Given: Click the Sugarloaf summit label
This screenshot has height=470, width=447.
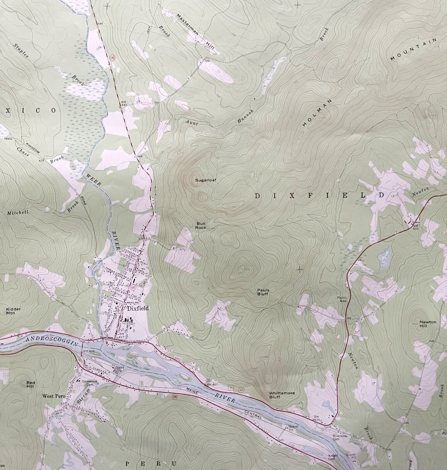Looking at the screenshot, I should (x=206, y=180).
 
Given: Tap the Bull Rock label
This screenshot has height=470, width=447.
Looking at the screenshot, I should (x=201, y=226).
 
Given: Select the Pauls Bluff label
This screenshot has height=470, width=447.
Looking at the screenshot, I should (x=263, y=292).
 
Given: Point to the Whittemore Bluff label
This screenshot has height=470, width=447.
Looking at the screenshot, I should (x=280, y=395).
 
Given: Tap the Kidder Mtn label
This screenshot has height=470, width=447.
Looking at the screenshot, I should (x=14, y=311).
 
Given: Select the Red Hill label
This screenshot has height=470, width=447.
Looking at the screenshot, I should (x=31, y=384).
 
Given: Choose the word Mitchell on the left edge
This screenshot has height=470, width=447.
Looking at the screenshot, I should (x=18, y=213).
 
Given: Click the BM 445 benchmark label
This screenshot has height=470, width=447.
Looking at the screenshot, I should (x=123, y=104).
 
